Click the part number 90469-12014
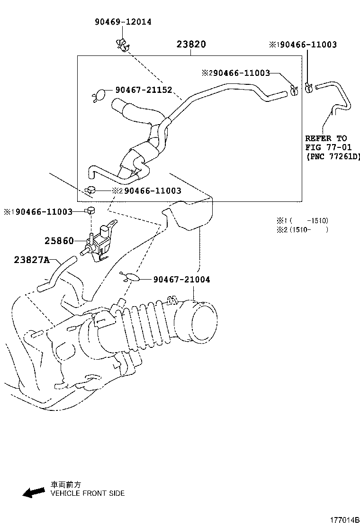123,22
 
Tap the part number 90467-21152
143,90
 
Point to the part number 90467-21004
181,280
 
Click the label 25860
59,241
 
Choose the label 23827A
31,260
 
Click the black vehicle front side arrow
34,493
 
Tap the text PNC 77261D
333,156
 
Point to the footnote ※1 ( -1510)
302,221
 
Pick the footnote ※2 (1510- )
302,229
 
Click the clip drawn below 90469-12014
123,44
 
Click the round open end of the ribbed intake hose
203,322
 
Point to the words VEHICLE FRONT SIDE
88,493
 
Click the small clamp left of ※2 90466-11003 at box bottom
90,191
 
